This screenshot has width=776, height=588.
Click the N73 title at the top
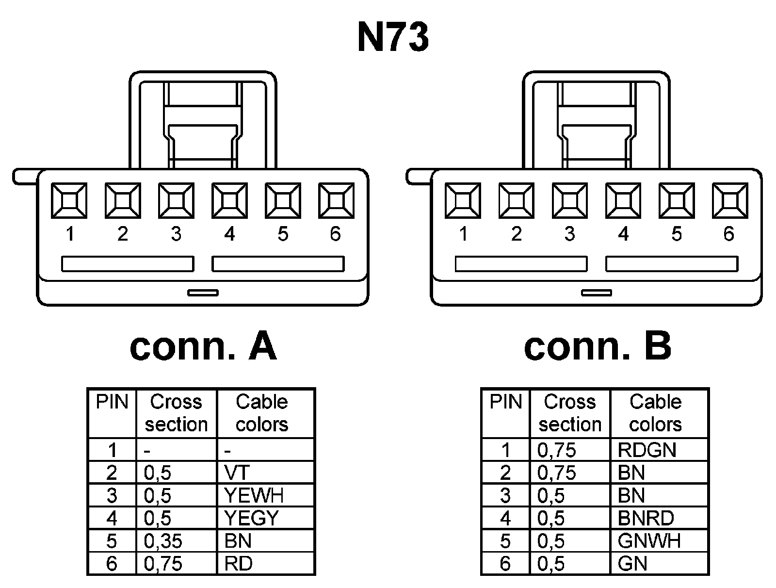click(393, 38)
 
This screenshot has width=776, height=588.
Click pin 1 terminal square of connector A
click(69, 200)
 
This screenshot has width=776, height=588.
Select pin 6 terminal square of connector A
click(336, 200)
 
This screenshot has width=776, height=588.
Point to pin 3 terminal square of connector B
click(570, 200)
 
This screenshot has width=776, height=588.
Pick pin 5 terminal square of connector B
click(677, 200)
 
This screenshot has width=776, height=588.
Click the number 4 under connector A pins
click(229, 234)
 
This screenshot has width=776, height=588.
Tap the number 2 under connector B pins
click(517, 234)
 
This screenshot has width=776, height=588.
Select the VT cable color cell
click(265, 473)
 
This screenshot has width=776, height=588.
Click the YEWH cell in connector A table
click(265, 495)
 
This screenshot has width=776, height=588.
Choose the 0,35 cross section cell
click(177, 541)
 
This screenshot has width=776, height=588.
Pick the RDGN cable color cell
click(659, 450)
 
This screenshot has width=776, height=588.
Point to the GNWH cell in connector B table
click(659, 541)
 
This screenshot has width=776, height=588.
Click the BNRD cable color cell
click(659, 518)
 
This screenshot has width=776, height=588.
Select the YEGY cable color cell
click(265, 518)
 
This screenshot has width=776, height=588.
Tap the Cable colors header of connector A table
click(262, 413)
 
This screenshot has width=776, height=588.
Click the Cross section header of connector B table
click(570, 413)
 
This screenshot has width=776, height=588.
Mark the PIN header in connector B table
click(506, 402)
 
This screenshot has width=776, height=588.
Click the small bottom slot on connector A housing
click(203, 293)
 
